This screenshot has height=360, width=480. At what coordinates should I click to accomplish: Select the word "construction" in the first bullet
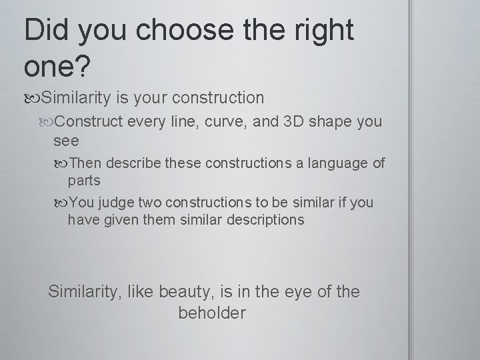[x=218, y=98]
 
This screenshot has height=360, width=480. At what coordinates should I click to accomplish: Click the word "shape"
[x=331, y=123]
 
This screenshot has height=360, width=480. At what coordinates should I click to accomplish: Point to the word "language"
[x=335, y=163]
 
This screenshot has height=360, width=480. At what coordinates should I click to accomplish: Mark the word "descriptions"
[x=266, y=219]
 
